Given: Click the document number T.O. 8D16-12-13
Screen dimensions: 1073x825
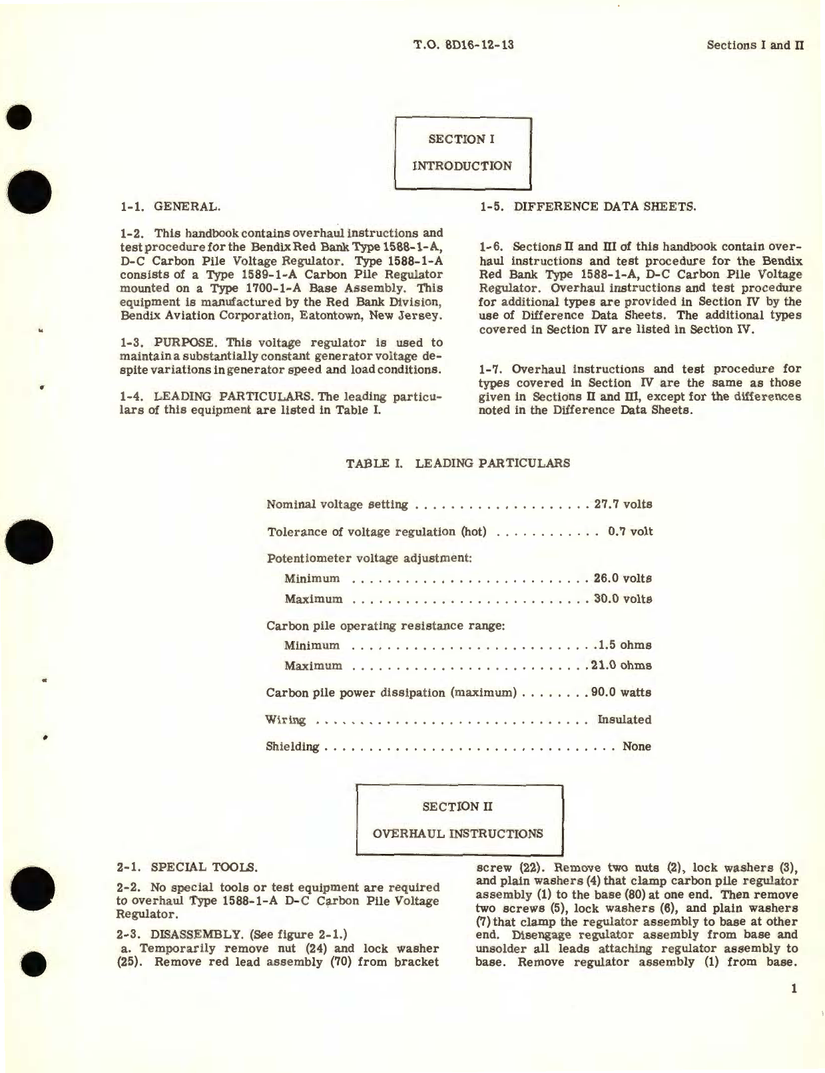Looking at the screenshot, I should point(463,45).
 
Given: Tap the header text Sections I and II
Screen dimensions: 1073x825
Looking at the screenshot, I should point(755,45).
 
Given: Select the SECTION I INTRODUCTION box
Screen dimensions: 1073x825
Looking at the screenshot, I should point(463,152).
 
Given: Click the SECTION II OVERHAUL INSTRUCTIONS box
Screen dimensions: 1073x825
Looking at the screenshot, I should point(459,820).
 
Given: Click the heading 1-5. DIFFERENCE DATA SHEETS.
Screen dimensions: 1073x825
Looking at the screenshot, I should point(588,206).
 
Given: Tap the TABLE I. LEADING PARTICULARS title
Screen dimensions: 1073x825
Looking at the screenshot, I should point(458,463).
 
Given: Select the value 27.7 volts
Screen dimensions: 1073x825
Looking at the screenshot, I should point(623,504).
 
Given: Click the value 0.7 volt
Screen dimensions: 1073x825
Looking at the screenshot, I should point(630,531).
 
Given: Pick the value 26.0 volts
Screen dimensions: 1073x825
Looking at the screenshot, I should point(623,578).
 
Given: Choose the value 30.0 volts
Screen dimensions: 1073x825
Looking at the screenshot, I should point(623,598).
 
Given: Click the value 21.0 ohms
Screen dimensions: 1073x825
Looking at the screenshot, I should point(621,665).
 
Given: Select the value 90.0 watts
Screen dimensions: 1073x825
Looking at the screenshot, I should point(621,692).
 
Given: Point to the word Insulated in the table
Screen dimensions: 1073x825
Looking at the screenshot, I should point(625,720).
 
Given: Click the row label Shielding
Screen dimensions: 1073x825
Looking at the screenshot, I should point(292,746).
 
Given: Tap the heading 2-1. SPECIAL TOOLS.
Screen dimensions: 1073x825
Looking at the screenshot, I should point(186,867).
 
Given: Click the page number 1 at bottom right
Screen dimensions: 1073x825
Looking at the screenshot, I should point(793,989).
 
